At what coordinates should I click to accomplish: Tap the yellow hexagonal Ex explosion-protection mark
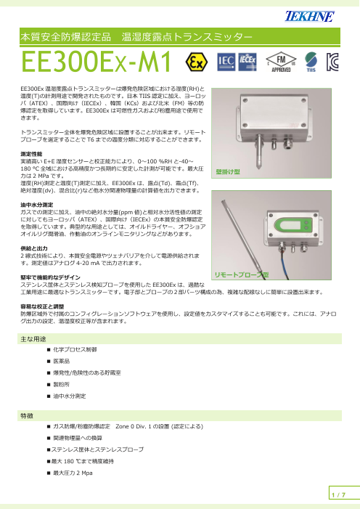pos(196,60)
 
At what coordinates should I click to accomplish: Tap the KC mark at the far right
pos(335,60)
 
